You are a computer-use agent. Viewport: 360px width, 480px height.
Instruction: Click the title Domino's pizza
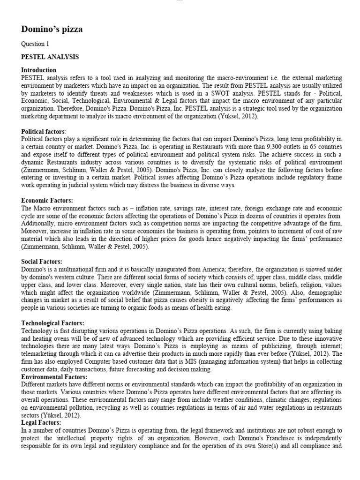click(x=52, y=30)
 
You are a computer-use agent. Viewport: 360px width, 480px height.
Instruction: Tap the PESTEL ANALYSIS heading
click(x=50, y=57)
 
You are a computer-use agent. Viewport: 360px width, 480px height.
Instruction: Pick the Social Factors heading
click(x=42, y=261)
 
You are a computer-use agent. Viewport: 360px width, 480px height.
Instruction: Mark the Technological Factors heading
click(x=52, y=323)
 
